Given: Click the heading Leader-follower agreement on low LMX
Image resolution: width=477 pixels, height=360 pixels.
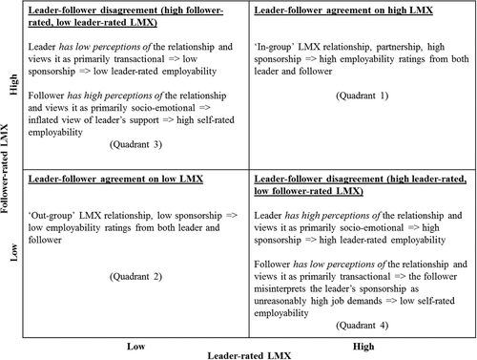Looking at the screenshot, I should pos(114,178).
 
